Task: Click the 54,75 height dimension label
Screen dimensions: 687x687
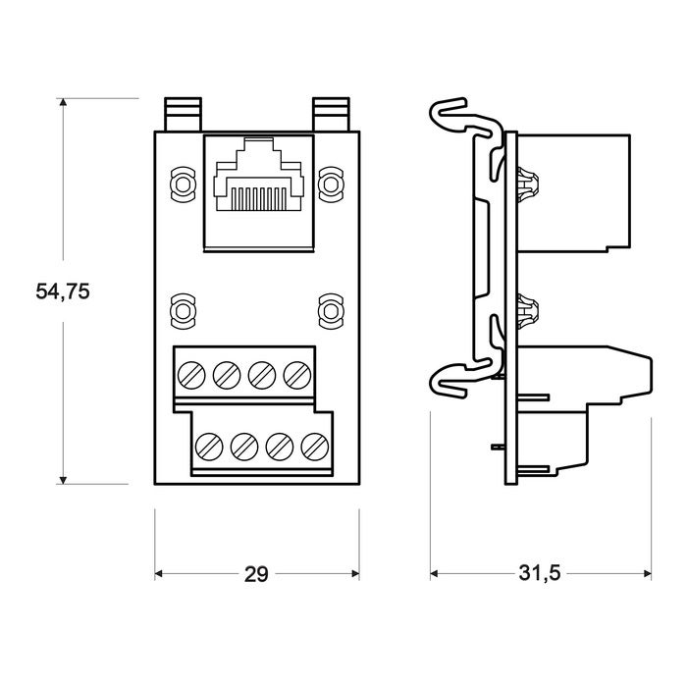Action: point(63,291)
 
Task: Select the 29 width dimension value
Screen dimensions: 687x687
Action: point(256,574)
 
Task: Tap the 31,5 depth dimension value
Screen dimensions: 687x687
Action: point(540,572)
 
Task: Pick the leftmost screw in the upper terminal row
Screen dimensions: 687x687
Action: point(191,376)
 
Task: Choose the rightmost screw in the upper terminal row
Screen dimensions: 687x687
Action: point(297,376)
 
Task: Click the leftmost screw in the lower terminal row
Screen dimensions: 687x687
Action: point(209,447)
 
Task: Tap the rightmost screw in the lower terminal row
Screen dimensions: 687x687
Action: point(315,447)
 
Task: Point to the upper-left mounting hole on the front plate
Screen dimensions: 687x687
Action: point(182,185)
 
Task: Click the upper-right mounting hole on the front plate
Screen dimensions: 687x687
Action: point(331,185)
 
